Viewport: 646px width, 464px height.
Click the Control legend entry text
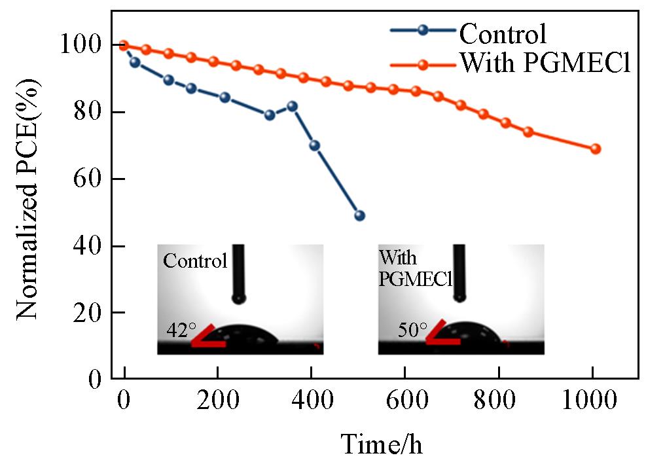coord(503,33)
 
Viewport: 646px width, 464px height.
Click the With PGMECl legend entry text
coord(545,64)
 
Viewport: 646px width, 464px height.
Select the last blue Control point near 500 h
coord(359,215)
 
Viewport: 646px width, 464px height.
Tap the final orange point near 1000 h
coord(595,149)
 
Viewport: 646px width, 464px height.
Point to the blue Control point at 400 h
coord(314,145)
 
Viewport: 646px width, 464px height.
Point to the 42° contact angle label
coord(177,330)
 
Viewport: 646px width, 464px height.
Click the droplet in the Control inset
coord(245,334)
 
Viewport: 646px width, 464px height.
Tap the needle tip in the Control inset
coord(239,298)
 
